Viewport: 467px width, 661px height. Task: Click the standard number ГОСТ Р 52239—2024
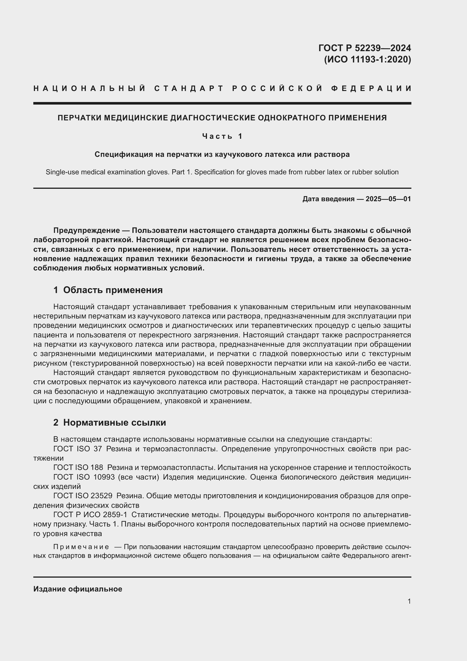[364, 48]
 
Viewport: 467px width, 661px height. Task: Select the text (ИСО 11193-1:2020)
[367, 59]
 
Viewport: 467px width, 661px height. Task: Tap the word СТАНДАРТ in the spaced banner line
[189, 88]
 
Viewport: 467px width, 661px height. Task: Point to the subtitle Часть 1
[222, 136]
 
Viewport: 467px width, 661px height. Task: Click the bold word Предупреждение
[87, 230]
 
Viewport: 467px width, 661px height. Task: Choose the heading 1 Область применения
[108, 290]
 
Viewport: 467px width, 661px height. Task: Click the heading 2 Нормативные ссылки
[110, 422]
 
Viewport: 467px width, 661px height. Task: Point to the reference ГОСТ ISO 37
[78, 449]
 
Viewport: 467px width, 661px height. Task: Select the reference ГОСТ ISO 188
[78, 467]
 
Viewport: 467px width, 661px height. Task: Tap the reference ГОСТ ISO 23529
[83, 496]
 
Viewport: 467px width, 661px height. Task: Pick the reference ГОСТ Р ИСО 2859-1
[90, 514]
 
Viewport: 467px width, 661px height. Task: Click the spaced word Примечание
[81, 547]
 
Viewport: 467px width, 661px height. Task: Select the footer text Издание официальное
[78, 589]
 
